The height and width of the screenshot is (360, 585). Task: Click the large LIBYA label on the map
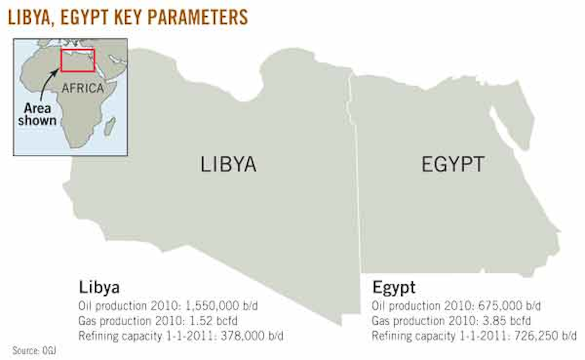(228, 165)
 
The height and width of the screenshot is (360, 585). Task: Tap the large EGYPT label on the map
(453, 165)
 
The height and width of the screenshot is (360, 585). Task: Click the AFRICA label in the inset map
(83, 89)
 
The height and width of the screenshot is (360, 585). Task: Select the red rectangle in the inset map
(77, 60)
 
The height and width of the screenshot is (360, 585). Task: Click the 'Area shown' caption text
(37, 114)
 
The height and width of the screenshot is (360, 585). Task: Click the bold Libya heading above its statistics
(99, 287)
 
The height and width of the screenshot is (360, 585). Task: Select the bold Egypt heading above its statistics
(394, 287)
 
